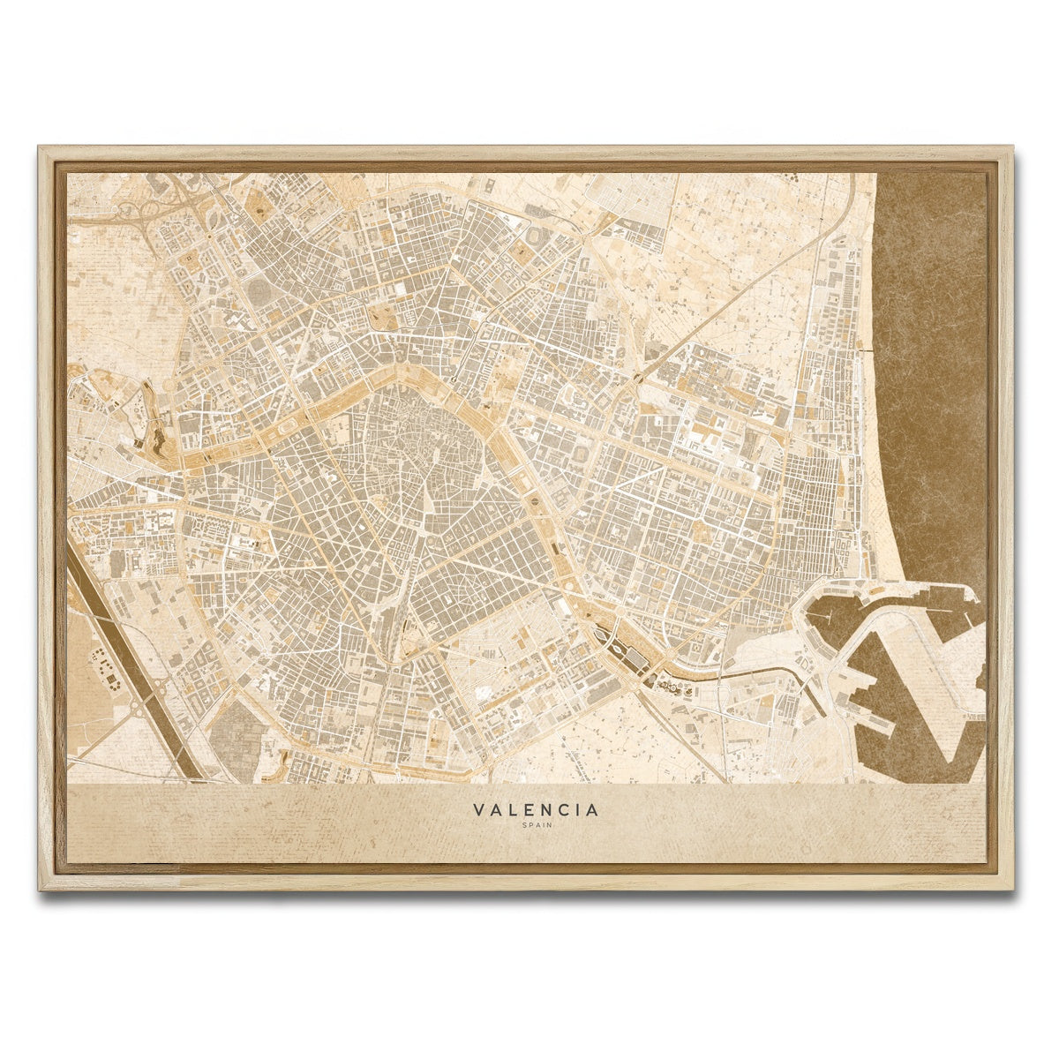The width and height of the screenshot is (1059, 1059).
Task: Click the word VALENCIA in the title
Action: tap(535, 809)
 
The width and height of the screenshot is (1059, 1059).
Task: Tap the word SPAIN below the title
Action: tap(535, 826)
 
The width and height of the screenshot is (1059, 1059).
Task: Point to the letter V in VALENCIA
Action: tap(477, 809)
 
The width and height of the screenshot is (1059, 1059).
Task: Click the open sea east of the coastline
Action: tap(935, 353)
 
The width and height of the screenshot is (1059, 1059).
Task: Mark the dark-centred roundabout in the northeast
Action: tap(637, 379)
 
